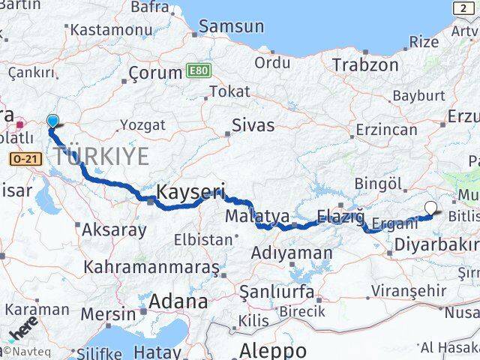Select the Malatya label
tap(257, 217)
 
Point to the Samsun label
tap(232, 26)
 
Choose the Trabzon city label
tap(365, 64)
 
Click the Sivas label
tap(253, 124)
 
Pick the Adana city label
tap(178, 301)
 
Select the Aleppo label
tap(273, 349)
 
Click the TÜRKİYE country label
tap(100, 157)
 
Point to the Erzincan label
tap(386, 129)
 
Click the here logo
tap(23, 329)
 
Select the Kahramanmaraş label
tap(151, 266)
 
